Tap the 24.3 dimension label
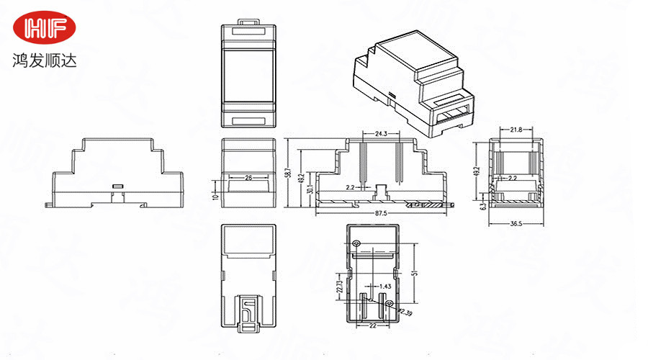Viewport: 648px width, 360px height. pyautogui.click(x=382, y=134)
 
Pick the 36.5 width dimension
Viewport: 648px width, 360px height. pyautogui.click(x=516, y=224)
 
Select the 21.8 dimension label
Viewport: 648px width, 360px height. pyautogui.click(x=516, y=130)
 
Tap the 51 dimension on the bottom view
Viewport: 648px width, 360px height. pyautogui.click(x=415, y=274)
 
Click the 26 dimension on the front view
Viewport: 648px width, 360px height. pyautogui.click(x=248, y=176)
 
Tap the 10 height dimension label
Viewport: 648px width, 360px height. pyautogui.click(x=215, y=195)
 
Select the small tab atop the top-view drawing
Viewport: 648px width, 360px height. pyautogui.click(x=248, y=22)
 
